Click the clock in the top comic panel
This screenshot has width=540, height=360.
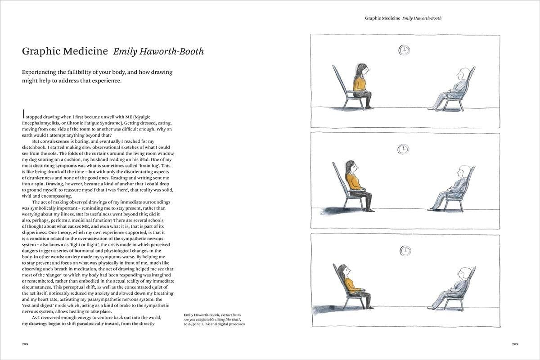(x=404, y=50)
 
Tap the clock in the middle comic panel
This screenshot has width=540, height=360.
(x=404, y=149)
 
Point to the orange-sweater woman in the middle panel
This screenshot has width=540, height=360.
(x=355, y=184)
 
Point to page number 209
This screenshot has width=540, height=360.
(x=516, y=344)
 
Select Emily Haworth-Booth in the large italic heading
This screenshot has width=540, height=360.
(x=158, y=51)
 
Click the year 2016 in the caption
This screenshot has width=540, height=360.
(x=189, y=324)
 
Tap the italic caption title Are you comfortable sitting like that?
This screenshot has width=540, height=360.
(x=212, y=319)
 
